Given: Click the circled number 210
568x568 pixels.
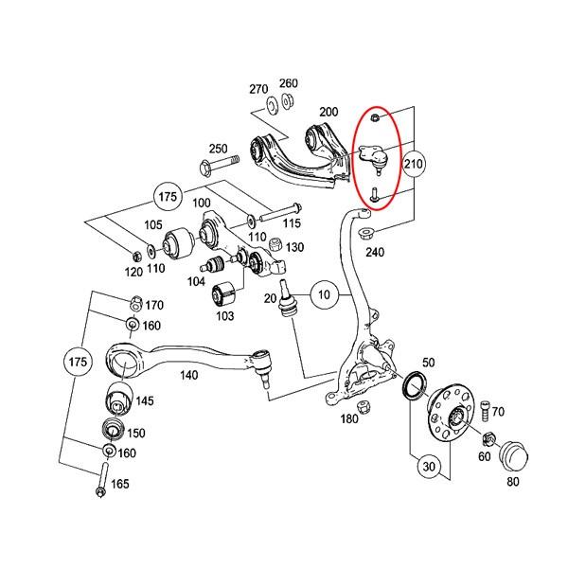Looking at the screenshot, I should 414,164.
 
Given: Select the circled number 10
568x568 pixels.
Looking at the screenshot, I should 324,294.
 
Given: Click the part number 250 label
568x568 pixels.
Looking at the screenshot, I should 219,150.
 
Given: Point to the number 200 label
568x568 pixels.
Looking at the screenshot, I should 328,112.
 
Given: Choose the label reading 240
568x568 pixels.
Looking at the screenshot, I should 376,253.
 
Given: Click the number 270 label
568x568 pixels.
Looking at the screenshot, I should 258,89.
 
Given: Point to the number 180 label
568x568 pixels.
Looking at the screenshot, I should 349,418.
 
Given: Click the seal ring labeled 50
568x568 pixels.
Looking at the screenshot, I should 414,386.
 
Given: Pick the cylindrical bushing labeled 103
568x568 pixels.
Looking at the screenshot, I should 223,293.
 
